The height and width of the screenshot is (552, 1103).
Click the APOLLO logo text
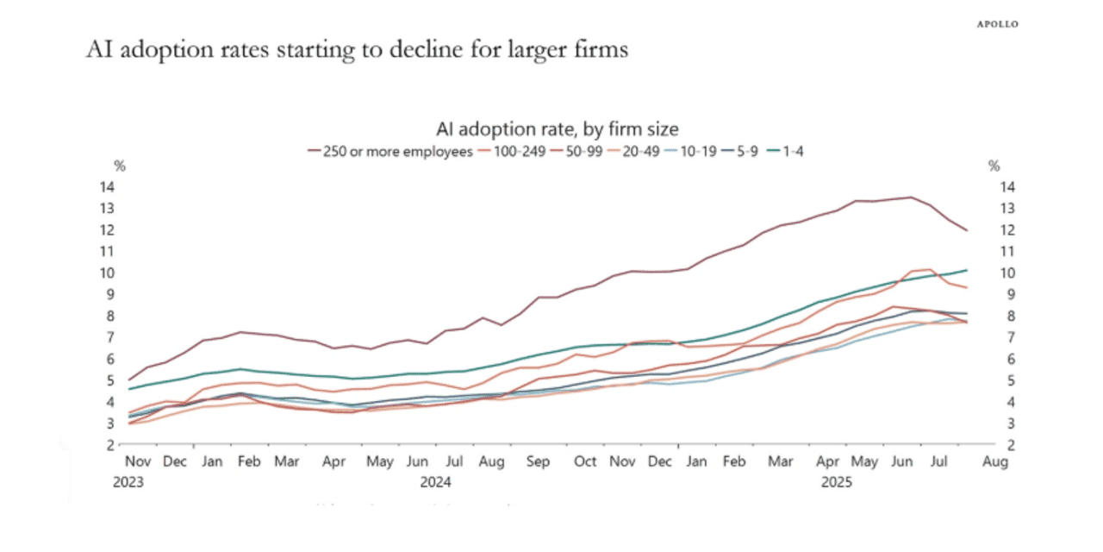(x=997, y=24)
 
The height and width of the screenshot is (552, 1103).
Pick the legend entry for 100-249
(x=517, y=151)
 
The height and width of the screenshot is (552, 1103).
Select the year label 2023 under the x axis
(x=128, y=482)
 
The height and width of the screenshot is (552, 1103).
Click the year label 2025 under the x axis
(x=835, y=482)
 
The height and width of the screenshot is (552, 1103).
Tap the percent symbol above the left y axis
(x=120, y=166)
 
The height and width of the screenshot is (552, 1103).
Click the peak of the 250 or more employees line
(x=911, y=198)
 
